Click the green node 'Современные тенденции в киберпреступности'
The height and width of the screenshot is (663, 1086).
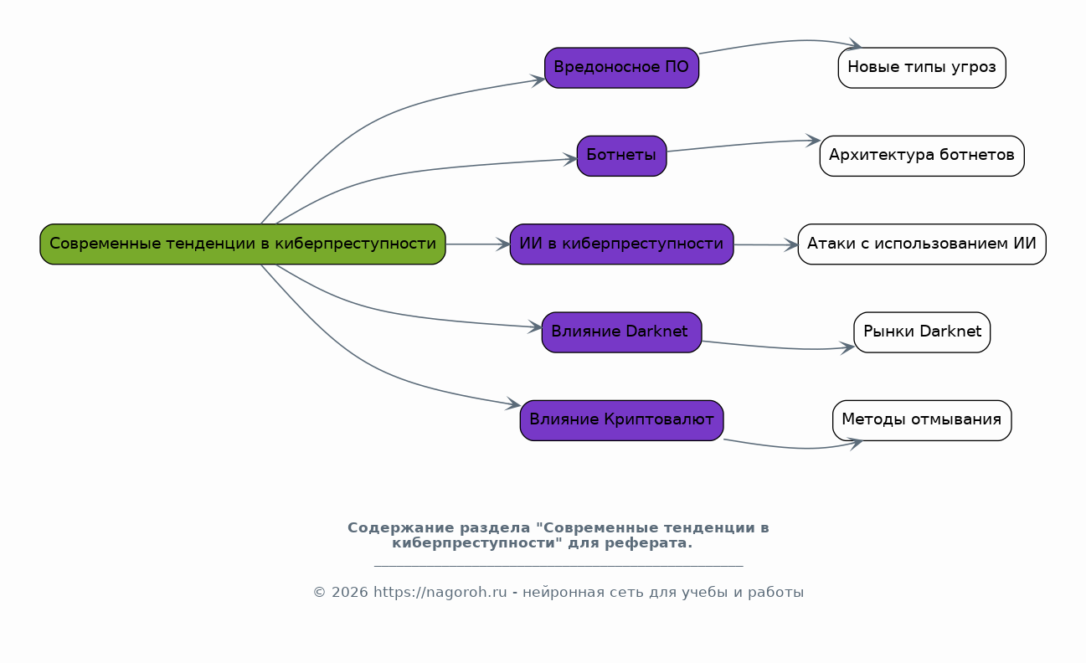pos(243,244)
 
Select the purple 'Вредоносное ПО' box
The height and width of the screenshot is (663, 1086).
pos(621,68)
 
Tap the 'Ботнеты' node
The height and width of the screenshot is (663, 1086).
pos(621,156)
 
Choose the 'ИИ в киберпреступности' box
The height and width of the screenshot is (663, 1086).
pos(621,244)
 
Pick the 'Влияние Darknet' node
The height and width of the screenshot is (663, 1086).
pos(621,332)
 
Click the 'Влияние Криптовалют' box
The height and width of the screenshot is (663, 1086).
pos(621,420)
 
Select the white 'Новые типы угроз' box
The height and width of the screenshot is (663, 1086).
pos(921,68)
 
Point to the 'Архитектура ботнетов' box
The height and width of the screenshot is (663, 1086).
pos(921,156)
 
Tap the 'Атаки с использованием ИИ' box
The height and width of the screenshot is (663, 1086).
pos(921,244)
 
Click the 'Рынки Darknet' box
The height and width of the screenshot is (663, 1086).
pos(921,332)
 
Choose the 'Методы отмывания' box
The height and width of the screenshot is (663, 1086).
pos(921,420)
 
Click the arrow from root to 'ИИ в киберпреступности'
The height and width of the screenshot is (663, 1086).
pos(477,244)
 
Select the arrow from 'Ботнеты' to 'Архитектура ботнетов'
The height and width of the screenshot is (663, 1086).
pos(744,145)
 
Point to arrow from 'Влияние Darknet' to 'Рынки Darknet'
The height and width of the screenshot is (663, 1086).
pos(779,347)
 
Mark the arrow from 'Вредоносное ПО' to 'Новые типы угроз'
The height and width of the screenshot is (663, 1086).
pos(779,42)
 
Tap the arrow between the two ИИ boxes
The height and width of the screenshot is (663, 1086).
pos(765,245)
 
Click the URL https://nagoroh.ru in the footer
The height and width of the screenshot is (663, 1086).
pos(440,593)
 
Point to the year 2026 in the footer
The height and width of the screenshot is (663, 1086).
pos(349,593)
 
